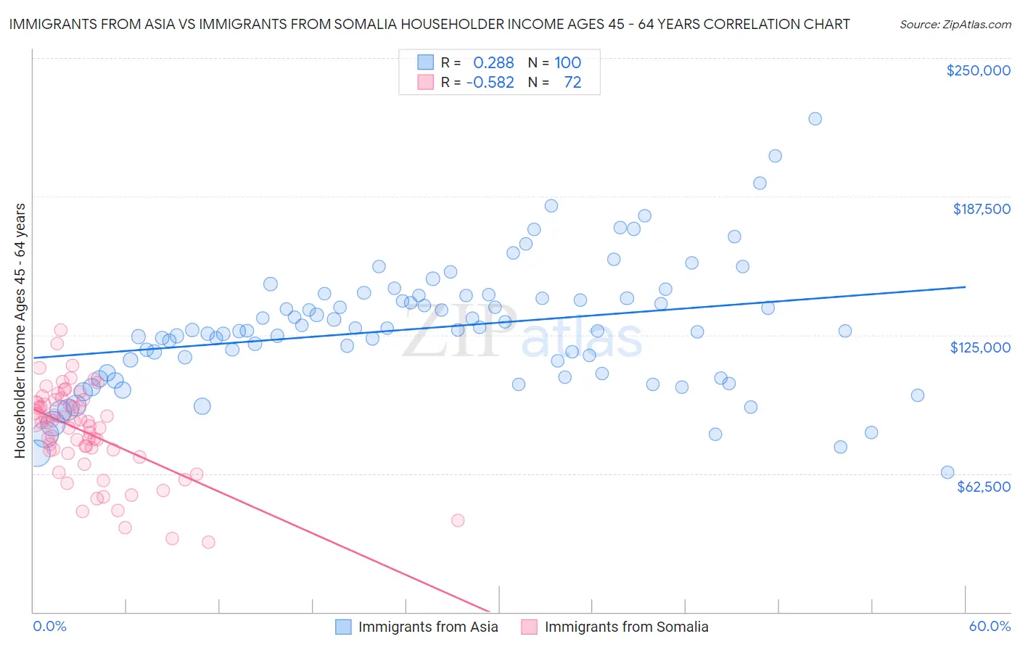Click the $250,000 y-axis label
[978, 70]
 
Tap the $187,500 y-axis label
[981, 209]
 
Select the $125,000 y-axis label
[980, 347]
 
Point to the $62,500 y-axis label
[983, 487]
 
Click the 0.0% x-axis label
[49, 626]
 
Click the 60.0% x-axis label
[990, 626]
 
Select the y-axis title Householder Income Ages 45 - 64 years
[20, 331]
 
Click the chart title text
[429, 24]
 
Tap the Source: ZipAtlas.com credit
[955, 24]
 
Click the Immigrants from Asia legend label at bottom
[428, 627]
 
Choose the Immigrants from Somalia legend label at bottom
[626, 627]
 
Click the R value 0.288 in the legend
[493, 63]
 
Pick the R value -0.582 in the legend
[490, 83]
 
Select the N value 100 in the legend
[568, 63]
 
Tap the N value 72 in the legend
[572, 83]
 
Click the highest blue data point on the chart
[815, 119]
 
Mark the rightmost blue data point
[947, 472]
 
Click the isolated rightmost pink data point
[457, 520]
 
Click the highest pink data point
[60, 330]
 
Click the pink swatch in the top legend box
[425, 83]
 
